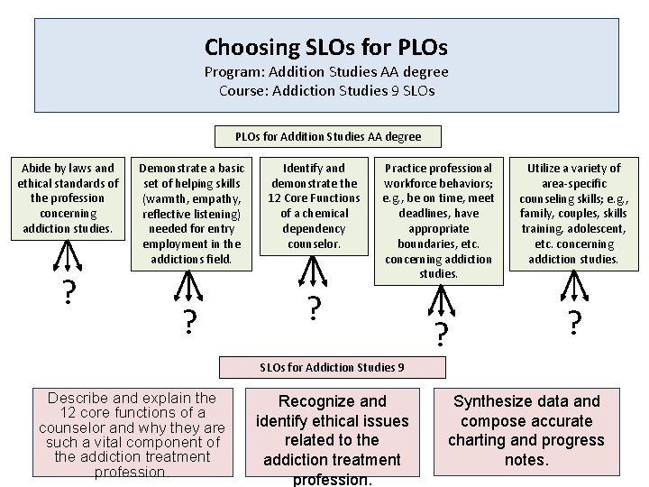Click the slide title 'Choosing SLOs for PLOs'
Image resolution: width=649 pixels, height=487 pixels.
coord(326,47)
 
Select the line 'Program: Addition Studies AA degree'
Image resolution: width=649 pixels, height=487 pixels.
coord(326,72)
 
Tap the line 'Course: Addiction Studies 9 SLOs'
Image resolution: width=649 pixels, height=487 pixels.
coord(326,90)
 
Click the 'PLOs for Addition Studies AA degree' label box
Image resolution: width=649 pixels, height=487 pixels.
coord(327,137)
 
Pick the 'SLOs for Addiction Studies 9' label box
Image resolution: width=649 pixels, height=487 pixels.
coord(332,367)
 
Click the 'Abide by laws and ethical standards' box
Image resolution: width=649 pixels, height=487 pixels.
coord(68,198)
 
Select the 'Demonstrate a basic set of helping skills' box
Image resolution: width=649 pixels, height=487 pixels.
coord(191,213)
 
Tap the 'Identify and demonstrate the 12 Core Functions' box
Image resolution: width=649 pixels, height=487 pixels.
coord(314,206)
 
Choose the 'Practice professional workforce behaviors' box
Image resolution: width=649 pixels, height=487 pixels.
coord(438,220)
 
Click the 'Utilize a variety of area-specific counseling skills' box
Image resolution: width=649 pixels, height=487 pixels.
coord(573,213)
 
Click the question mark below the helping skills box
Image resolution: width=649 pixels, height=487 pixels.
coord(190,320)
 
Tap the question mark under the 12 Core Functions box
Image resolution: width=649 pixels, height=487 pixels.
coord(313,308)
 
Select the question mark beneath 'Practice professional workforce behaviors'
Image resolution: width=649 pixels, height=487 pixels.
coord(440,334)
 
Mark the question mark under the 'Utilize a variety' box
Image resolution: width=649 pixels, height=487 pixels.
coord(574,321)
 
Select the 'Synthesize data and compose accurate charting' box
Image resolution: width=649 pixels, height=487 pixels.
coord(527,430)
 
